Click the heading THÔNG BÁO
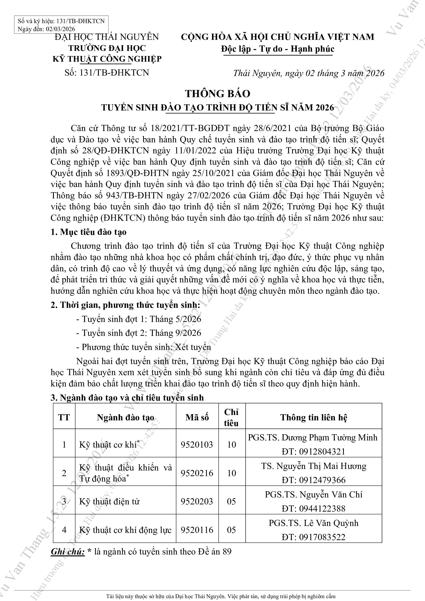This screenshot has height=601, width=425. [x=218, y=94]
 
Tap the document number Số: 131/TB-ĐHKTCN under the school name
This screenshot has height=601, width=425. [x=107, y=72]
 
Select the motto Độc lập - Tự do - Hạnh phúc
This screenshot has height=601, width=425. [x=278, y=49]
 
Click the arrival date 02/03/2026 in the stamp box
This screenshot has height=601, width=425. [x=60, y=29]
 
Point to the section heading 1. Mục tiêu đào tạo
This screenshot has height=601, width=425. [x=88, y=232]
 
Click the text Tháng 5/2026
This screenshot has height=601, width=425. [x=175, y=319]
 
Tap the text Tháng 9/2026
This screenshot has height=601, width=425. [x=175, y=333]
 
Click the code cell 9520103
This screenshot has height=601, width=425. [x=197, y=445]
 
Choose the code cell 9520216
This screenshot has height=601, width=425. [x=197, y=473]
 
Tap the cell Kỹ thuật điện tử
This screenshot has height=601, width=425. [x=109, y=502]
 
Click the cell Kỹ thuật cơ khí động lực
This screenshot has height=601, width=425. [x=125, y=530]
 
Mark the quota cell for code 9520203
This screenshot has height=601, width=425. [x=232, y=502]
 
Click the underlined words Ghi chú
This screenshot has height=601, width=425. [x=68, y=552]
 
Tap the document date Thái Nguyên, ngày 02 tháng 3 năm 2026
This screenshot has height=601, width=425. [x=309, y=73]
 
